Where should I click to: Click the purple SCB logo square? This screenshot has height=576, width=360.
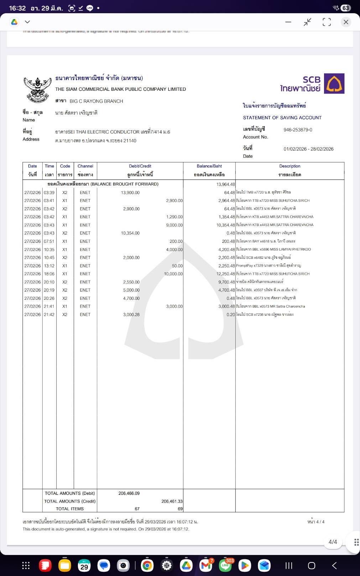coord(334,83)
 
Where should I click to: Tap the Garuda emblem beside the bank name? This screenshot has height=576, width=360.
coord(36,90)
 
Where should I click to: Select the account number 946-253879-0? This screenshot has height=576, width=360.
coord(298,130)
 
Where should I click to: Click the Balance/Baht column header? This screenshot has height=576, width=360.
coord(209,166)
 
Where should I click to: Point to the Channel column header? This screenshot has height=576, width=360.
coord(85,166)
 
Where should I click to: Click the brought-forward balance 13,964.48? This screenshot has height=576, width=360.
coord(225,184)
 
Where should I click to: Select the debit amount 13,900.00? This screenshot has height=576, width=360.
coord(130,193)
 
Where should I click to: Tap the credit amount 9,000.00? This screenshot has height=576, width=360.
coord(174,225)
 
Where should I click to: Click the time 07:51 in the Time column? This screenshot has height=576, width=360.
coord(49,241)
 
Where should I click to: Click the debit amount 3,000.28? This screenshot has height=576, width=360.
coord(131,315)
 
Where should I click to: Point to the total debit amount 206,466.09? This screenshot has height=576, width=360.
coord(129,493)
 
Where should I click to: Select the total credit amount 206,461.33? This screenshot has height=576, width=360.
coord(172,501)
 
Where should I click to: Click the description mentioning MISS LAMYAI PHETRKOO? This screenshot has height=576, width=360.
coord(273,250)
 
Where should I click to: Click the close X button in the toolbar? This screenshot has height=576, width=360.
coord(345,22)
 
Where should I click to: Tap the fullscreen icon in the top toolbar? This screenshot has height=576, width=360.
coord(327,22)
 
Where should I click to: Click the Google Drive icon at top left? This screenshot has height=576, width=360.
coord(14,22)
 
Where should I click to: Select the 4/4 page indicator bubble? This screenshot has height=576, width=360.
coord(333,542)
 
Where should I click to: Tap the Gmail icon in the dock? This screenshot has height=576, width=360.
coord(206,565)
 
